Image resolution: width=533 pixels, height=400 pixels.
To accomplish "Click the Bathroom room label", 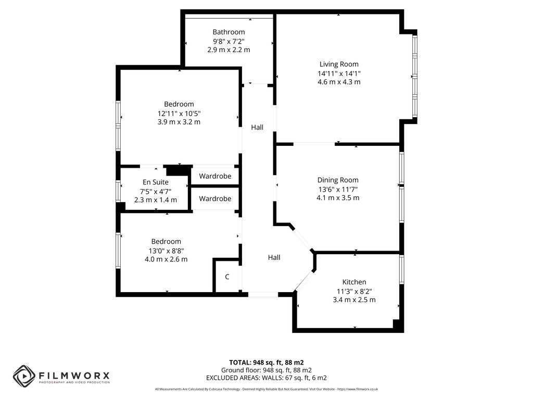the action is [229, 32].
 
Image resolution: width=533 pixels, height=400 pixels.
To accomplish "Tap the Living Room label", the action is [339, 64].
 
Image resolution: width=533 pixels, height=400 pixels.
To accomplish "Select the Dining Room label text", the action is [338, 180].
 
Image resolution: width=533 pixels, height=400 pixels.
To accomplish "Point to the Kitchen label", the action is [354, 282].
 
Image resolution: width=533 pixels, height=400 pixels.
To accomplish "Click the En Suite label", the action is [156, 182].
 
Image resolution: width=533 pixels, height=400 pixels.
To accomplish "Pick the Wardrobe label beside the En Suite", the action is [215, 176].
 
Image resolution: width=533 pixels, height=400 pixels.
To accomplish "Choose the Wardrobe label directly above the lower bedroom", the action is [215, 198].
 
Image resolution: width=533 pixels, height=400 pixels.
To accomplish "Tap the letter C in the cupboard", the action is [227, 277].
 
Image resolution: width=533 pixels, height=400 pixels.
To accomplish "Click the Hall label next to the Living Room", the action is [257, 127].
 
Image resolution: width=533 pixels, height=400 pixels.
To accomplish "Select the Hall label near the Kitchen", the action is [274, 257].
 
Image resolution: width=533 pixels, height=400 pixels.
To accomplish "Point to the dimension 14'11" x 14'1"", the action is [339, 73].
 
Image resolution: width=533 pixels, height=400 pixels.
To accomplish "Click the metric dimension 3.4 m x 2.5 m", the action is [354, 299].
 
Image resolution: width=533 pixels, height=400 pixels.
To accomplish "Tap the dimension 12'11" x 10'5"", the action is [179, 113].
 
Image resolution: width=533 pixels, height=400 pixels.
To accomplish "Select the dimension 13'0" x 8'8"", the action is [166, 251].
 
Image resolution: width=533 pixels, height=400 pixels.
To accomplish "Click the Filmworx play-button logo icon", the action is [24, 376].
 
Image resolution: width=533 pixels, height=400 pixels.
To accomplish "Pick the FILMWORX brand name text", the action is [74, 376].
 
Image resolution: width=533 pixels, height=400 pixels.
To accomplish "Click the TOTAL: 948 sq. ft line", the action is [266, 362].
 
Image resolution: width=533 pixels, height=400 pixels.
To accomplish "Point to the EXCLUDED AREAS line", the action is [266, 378].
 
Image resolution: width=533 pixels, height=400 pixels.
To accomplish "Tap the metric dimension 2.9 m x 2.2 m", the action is [229, 49].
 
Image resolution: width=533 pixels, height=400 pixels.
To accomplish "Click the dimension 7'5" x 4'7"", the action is [156, 191].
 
